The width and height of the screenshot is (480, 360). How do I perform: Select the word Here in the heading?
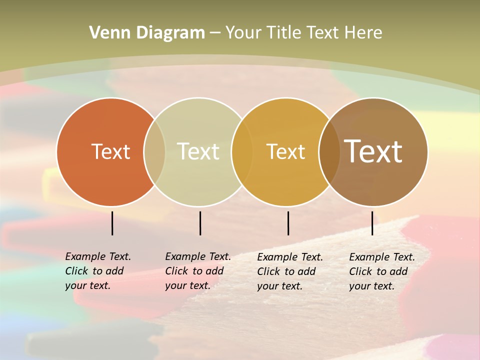coord(363,33)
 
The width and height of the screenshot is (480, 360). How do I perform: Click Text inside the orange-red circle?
coord(110,151)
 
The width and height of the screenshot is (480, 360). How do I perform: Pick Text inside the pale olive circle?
coord(198,151)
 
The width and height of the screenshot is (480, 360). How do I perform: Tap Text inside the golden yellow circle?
coord(285,151)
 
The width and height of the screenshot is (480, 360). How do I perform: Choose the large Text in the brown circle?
coord(373,151)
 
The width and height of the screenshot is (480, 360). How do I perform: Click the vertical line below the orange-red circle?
coord(112,223)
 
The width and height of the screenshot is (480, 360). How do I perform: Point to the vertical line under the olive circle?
coord(200,223)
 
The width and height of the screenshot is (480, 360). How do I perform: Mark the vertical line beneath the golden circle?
coord(288,223)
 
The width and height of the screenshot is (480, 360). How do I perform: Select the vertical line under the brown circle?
coord(372,223)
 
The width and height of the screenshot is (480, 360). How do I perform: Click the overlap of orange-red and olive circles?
coord(154,151)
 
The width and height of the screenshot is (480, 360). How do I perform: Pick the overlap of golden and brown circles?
coord(328,151)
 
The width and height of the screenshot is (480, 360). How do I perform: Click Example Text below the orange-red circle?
coord(98,256)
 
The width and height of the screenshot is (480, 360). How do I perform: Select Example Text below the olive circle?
coord(198,256)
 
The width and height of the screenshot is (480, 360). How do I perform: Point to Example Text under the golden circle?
coord(290,257)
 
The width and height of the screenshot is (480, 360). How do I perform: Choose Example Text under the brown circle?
coord(382,257)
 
